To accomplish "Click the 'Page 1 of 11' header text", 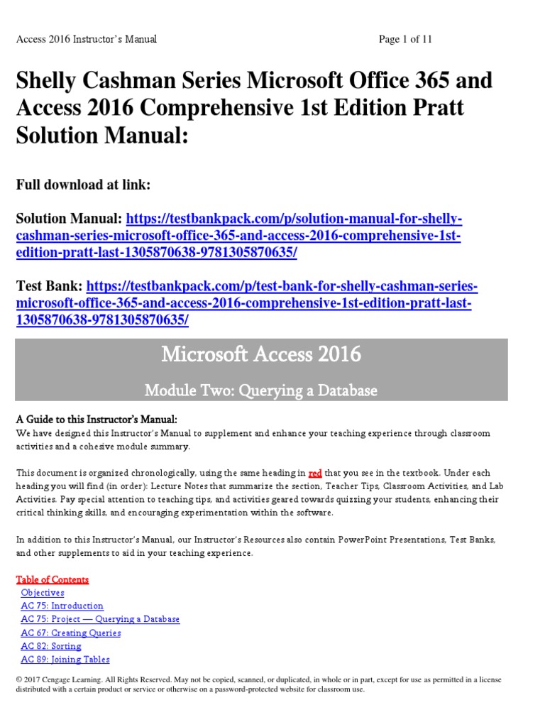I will [405, 40].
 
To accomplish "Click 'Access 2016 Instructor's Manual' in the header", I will [87, 40].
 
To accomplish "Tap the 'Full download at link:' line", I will [83, 185].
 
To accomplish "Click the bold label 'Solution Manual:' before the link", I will [70, 219].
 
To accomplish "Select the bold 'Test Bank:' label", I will [49, 288].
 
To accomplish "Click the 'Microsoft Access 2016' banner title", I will [261, 354].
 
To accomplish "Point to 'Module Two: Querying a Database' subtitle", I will [261, 390].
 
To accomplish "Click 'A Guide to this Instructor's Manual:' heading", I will [97, 420].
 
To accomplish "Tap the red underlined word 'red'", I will [316, 473].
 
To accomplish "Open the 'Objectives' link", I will [43, 593].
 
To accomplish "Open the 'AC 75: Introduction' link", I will [62, 606].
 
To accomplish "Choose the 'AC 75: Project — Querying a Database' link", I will [100, 620].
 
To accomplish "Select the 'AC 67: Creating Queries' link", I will [71, 633].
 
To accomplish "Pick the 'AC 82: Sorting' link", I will [51, 647].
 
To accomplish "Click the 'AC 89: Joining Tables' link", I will [65, 660].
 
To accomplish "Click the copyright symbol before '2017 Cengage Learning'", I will [19, 680].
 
